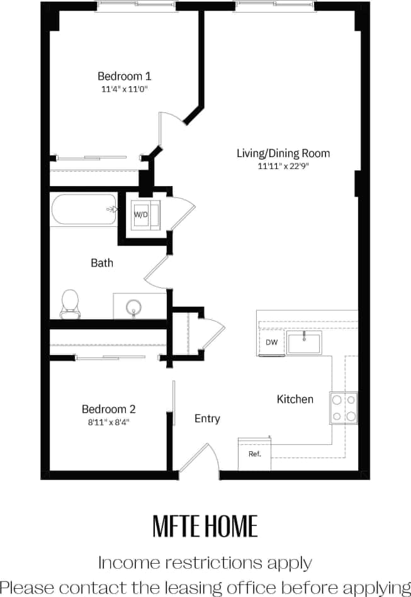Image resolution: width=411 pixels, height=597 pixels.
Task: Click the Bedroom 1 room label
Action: coord(124,76)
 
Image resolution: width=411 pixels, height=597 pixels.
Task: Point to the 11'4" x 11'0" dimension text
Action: coord(124,89)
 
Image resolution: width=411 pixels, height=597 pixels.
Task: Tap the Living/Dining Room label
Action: coord(283,153)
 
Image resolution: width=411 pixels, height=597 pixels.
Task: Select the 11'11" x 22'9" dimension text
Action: coord(283,167)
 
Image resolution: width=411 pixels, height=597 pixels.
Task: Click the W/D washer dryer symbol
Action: coord(141,215)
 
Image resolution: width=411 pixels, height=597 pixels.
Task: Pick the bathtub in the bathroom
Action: coord(84,210)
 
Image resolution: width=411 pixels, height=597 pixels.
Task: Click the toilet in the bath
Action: coord(69,304)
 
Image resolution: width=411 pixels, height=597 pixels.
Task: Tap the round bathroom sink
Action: coord(133,308)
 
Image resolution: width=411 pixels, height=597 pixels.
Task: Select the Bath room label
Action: coord(102,263)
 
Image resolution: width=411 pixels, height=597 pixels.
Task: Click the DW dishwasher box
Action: coord(271,342)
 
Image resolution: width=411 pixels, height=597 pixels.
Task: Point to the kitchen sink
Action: coord(304,343)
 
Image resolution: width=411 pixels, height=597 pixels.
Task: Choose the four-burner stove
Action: coord(344,407)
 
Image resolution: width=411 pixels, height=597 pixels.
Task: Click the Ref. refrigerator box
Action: coord(254,454)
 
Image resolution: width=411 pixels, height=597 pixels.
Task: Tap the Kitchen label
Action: coord(295,399)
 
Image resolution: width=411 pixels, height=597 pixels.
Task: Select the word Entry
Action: coord(207,419)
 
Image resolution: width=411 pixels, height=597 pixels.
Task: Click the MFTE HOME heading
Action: coord(205,526)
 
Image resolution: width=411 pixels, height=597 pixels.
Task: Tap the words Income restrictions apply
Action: coord(205,561)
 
